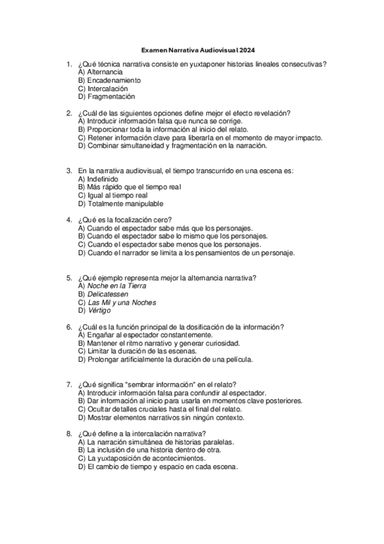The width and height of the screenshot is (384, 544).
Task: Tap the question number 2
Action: [69, 113]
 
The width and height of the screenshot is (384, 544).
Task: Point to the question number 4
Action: [69, 220]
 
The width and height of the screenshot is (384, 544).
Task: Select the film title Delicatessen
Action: [108, 294]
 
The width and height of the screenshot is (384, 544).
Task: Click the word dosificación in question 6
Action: [206, 327]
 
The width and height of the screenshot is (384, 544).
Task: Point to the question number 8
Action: [69, 434]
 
